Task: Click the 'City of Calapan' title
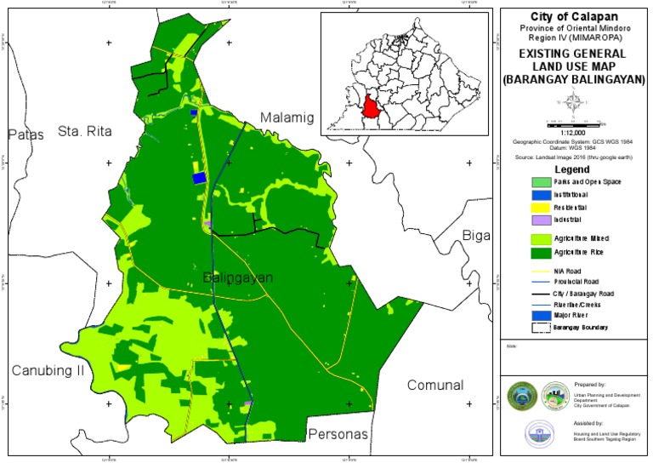pyautogui.click(x=575, y=17)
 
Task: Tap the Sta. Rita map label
pyautogui.click(x=85, y=130)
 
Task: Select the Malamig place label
pyautogui.click(x=287, y=117)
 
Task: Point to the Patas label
pyautogui.click(x=25, y=134)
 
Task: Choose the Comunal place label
pyautogui.click(x=434, y=385)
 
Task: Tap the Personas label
pyautogui.click(x=338, y=434)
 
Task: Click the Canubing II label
pyautogui.click(x=48, y=370)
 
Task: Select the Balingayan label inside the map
pyautogui.click(x=237, y=277)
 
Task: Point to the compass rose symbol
pyautogui.click(x=575, y=104)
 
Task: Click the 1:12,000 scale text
pyautogui.click(x=575, y=133)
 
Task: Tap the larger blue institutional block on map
pyautogui.click(x=200, y=178)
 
